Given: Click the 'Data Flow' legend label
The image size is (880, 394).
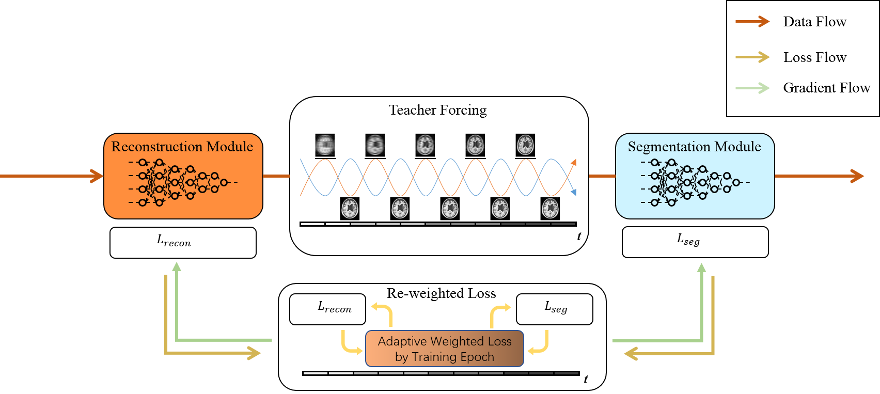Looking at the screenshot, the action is pos(815,22).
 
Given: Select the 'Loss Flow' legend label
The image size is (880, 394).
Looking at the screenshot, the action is pos(815,57).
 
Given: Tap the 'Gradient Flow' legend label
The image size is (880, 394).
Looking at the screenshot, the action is pos(827,88).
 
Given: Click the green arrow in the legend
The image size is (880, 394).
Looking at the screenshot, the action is pos(752,88).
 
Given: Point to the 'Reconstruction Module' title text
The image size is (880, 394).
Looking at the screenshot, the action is pos(182,147).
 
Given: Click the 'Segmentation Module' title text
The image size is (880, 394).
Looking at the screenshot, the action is pos(694,147).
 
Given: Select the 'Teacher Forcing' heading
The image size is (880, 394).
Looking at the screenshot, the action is pos(437,110).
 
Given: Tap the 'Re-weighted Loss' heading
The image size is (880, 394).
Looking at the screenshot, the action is pos(441,293).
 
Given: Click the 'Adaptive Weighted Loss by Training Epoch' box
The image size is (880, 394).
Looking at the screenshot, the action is pos(444,349).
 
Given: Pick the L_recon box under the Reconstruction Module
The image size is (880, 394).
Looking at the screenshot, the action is pos(183,242).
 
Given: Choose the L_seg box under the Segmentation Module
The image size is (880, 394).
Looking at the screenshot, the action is pos(695,242).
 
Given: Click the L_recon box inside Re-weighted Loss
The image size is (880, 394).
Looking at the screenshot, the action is pos(327,309).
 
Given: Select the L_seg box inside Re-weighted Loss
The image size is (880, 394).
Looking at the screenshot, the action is pos(554,309).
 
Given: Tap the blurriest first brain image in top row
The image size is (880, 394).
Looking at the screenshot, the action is pos(325,145).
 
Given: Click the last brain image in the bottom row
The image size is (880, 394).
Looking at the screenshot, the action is pos(550,209).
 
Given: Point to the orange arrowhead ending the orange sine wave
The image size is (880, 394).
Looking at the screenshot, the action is pos(574,162).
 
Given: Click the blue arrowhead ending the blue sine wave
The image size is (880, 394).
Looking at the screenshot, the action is pos(574,192).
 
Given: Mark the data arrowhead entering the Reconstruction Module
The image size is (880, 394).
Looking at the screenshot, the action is pos(97,176).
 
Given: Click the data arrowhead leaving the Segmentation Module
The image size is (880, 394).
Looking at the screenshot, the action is pos(857,176).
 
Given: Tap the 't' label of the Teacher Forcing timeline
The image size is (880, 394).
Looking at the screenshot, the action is pos(579,236).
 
